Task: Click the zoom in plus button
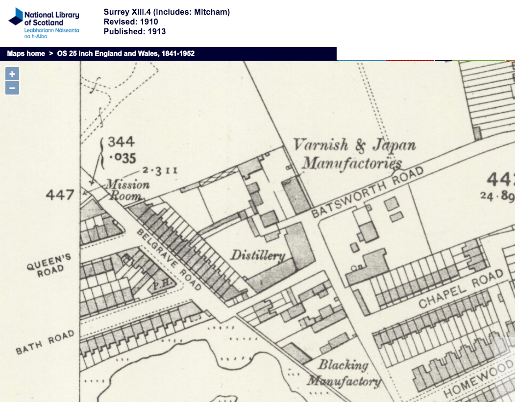coord(12,74)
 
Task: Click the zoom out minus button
coord(12,88)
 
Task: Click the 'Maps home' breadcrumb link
coord(26,53)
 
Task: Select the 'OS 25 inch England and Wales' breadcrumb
coord(125,53)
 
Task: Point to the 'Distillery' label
coord(258,255)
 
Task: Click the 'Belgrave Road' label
coord(169,260)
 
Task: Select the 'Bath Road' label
coord(45,342)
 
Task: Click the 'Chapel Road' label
coord(461,289)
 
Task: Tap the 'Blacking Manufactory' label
coord(344,373)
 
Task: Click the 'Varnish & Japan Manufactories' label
coord(353,154)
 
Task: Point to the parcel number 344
coord(121,142)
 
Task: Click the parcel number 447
coord(60,195)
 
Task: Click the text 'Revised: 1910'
coord(131,22)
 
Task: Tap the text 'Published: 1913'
coord(135,31)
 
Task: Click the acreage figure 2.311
coord(159,170)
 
